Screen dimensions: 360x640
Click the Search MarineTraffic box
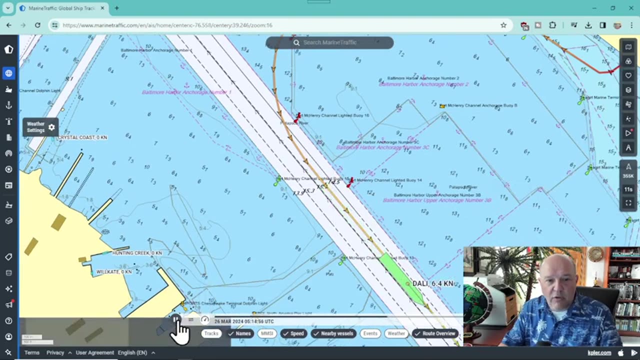click(x=330, y=42)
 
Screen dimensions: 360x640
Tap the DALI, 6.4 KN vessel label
click(x=433, y=283)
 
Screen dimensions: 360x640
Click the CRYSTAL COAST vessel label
click(x=82, y=137)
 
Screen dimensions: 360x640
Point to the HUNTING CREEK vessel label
click(x=137, y=253)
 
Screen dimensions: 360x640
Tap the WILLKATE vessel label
click(x=114, y=272)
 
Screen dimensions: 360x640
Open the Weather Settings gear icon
click(x=51, y=127)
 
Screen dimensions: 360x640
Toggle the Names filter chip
click(x=239, y=333)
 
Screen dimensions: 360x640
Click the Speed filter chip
click(x=293, y=333)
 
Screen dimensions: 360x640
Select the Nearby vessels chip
click(x=333, y=333)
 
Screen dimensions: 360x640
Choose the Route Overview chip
click(x=435, y=333)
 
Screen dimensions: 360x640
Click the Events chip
click(x=370, y=333)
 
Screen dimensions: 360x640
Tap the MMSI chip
click(x=267, y=333)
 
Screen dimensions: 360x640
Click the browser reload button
click(x=37, y=25)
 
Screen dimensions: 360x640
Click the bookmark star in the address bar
click(x=503, y=25)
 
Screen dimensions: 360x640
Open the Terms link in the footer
click(x=32, y=352)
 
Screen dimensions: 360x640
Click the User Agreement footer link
click(x=94, y=352)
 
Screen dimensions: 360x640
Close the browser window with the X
click(x=631, y=8)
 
